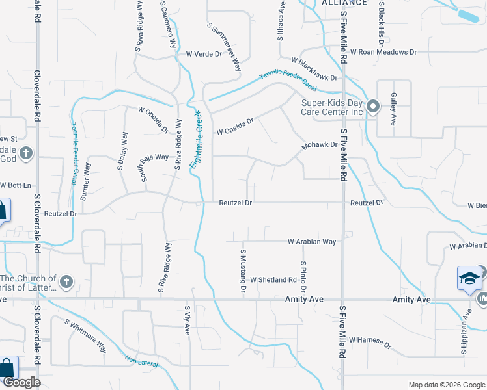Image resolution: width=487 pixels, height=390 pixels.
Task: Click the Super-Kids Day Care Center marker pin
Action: [372, 107]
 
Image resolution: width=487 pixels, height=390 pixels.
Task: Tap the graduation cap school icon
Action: [469, 279]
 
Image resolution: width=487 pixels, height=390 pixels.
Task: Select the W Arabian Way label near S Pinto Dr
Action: [313, 242]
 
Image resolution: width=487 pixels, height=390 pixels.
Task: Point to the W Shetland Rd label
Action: [273, 280]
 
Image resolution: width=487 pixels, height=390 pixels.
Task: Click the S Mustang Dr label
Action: [244, 269]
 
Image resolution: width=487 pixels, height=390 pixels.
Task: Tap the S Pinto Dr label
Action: [303, 276]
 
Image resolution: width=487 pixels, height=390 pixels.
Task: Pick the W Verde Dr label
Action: [204, 54]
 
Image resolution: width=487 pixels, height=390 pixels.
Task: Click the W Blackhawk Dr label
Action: [315, 69]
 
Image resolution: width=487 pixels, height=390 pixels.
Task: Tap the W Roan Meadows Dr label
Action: [383, 52]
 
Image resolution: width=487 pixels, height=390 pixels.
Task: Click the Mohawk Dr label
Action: [319, 146]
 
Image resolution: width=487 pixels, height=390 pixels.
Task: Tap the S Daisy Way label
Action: [122, 151]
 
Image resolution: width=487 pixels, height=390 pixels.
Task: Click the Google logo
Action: [21, 382]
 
